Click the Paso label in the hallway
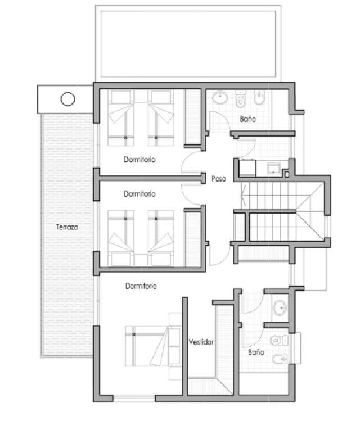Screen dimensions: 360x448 (x=219, y=179)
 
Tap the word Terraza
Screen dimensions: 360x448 (x=67, y=227)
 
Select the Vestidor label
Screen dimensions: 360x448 (x=201, y=342)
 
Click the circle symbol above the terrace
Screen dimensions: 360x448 (x=67, y=99)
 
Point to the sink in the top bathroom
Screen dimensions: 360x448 (x=220, y=97)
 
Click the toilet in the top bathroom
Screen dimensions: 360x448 (x=241, y=99)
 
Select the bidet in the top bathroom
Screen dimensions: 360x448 (x=259, y=98)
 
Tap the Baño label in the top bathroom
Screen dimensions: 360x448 (x=248, y=119)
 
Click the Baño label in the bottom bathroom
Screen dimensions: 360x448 (x=256, y=352)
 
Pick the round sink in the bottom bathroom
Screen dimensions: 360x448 (x=280, y=308)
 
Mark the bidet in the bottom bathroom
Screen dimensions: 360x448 (x=280, y=359)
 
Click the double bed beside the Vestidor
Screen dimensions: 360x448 (x=153, y=346)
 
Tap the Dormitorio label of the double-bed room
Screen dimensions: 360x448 (x=141, y=286)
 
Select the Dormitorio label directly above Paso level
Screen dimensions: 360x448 (x=139, y=160)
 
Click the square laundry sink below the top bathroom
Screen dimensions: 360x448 (x=274, y=168)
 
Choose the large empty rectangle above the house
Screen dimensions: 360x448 (x=188, y=44)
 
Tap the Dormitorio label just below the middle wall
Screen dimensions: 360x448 (x=139, y=194)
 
